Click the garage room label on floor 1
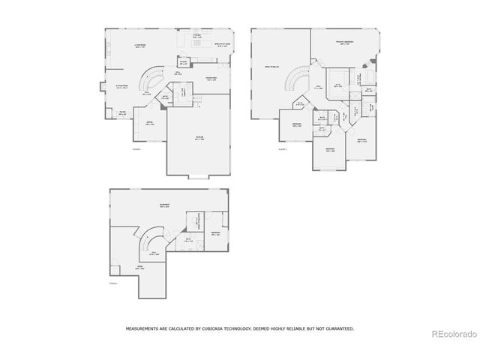[199, 139]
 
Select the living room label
[139, 46]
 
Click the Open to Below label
[272, 67]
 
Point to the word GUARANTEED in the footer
[336, 328]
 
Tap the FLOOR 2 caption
[283, 149]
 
